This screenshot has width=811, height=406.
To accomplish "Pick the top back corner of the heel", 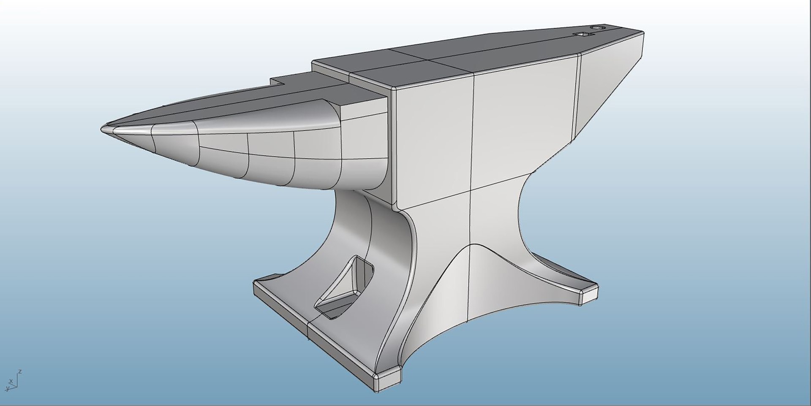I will [x=642, y=32].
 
